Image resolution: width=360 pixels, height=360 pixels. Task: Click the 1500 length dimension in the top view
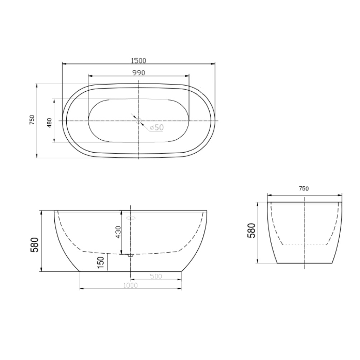tap(138, 61)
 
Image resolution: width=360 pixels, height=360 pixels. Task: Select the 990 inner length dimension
tap(139, 73)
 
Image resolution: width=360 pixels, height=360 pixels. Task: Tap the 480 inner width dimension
tap(49, 123)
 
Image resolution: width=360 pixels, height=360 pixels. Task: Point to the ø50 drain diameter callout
tap(157, 128)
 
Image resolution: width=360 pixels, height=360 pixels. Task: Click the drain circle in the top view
tap(138, 121)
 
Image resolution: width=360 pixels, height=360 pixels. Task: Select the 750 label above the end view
tap(304, 188)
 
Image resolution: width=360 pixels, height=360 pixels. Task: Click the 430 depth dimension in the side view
tap(118, 232)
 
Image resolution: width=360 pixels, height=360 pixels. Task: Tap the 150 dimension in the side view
tap(101, 263)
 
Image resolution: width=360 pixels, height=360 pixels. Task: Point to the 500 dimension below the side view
tap(156, 276)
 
